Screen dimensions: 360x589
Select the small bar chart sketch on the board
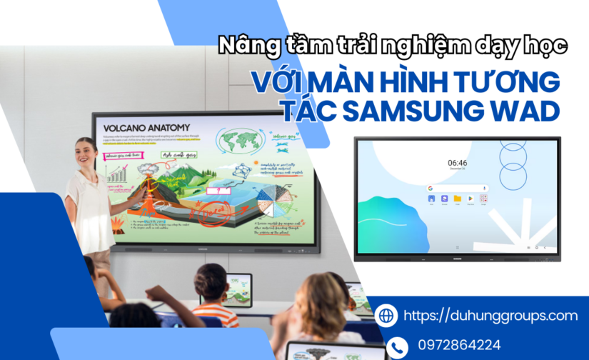tap(115, 173)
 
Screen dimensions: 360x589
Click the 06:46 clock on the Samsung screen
tap(457, 163)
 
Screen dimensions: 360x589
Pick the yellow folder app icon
tap(457, 199)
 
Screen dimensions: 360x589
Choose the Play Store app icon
tap(470, 199)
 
